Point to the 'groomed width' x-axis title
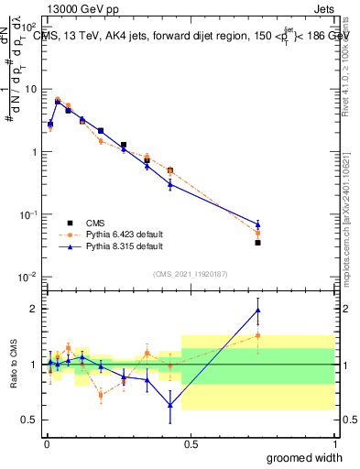click(306, 456)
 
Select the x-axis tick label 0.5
click(190, 444)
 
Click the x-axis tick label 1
click(333, 444)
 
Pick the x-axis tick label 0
click(46, 444)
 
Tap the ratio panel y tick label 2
click(35, 309)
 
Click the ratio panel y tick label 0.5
click(30, 420)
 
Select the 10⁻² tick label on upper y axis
click(28, 277)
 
